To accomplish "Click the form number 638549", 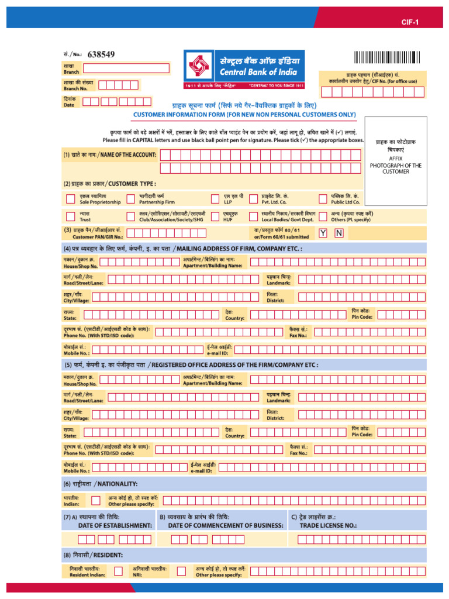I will click(101, 54).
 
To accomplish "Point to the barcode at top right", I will click(386, 57).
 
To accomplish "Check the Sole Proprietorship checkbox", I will click(70, 198).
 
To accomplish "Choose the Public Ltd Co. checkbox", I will click(323, 198).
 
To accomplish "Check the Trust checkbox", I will click(70, 216).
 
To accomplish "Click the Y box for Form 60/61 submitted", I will click(323, 233).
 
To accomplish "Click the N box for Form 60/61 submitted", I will click(339, 233).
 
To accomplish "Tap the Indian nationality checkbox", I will click(95, 500).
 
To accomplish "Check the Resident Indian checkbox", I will click(119, 571).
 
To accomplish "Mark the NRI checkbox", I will click(181, 571).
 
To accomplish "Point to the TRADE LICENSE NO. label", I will click(328, 525).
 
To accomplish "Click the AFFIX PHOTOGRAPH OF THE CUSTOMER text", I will click(395, 165).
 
